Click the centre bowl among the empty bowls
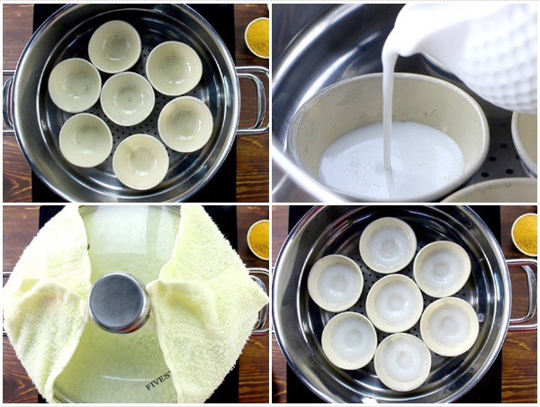127,98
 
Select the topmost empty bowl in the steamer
114,46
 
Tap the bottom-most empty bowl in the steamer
139,161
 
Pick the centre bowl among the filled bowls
394,303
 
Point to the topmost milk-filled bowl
387,244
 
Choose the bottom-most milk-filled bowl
401,361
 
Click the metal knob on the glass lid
120,303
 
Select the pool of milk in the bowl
387,162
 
